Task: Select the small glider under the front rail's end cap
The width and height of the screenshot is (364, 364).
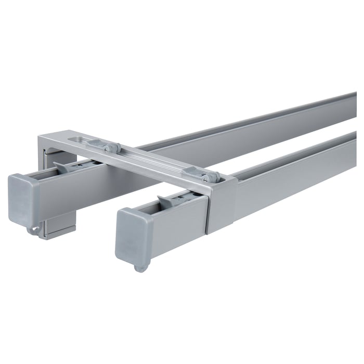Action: [140, 267]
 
